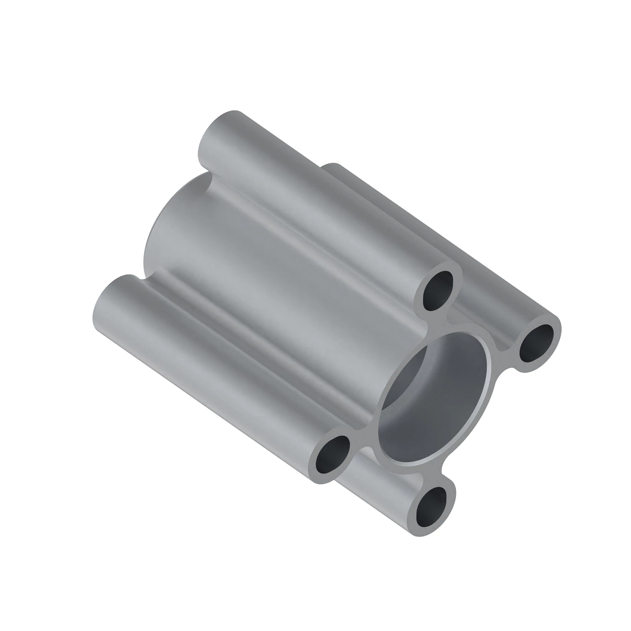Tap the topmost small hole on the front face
point(437,291)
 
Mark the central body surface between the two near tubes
point(273,294)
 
